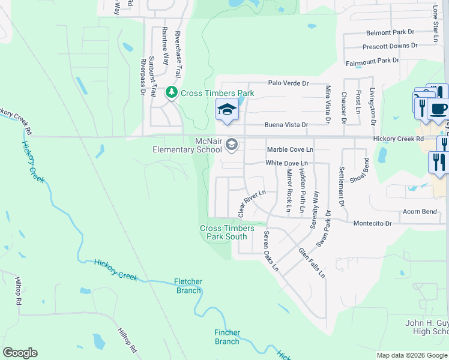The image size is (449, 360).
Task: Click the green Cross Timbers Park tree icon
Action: tap(172, 93)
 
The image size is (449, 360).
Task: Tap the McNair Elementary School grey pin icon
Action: tap(232, 145)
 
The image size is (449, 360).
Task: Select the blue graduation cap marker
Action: tap(227, 110)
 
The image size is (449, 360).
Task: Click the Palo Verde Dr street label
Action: tap(288, 83)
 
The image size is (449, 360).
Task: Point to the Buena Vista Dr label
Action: tap(287, 125)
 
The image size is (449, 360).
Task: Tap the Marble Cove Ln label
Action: tap(290, 149)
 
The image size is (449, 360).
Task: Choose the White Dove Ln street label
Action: tap(287, 163)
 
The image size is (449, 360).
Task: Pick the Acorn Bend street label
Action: tap(420, 212)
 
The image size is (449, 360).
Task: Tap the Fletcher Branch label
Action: tap(188, 286)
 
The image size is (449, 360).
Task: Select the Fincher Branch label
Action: tap(227, 337)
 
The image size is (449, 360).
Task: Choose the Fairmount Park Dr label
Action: tap(373, 61)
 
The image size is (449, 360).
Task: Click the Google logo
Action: tap(20, 353)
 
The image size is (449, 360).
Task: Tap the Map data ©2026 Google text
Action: tap(411, 355)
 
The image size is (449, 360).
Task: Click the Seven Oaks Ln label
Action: tap(271, 251)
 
